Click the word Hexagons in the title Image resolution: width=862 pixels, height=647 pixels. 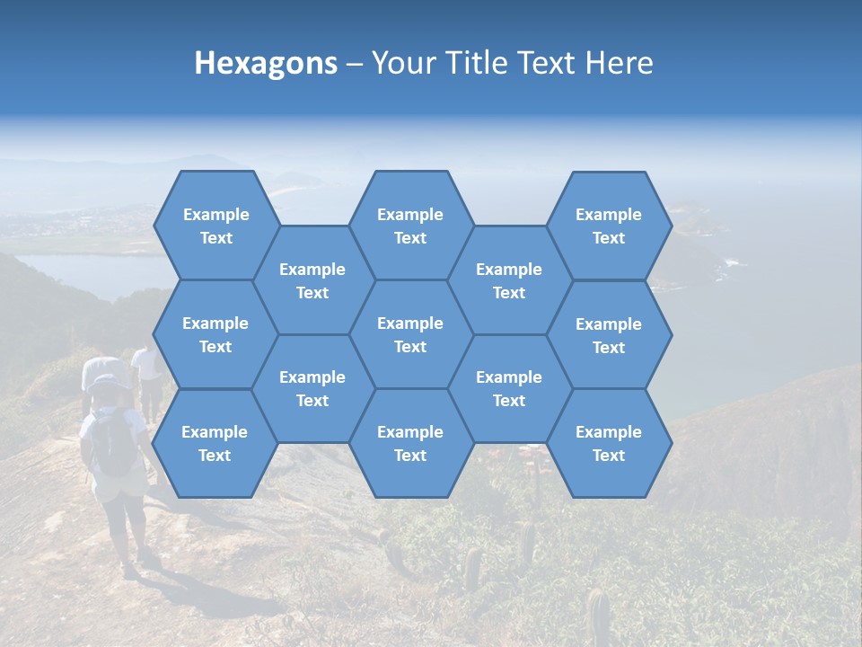pyautogui.click(x=266, y=63)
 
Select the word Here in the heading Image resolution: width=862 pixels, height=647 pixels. pyautogui.click(x=619, y=63)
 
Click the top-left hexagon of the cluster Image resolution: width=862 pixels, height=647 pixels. pyautogui.click(x=215, y=226)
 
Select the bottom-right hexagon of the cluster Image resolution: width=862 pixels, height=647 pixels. pyautogui.click(x=609, y=443)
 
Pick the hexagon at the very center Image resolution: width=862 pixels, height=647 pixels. pyautogui.click(x=410, y=334)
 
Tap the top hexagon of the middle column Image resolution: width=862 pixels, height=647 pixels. pyautogui.click(x=410, y=226)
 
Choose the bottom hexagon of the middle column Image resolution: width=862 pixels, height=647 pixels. pyautogui.click(x=410, y=443)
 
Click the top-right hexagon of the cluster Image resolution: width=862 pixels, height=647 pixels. pyautogui.click(x=609, y=226)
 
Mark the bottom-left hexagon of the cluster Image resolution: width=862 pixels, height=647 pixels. pyautogui.click(x=215, y=443)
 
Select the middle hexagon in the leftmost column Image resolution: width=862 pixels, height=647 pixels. pyautogui.click(x=215, y=334)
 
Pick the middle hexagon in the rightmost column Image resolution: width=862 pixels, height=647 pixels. pyautogui.click(x=609, y=335)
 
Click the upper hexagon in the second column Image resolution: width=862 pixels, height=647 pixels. pyautogui.click(x=312, y=280)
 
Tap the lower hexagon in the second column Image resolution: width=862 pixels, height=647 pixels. pyautogui.click(x=312, y=388)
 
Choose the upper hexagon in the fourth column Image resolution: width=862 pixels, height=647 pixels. pyautogui.click(x=509, y=280)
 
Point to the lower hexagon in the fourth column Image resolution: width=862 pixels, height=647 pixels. pyautogui.click(x=509, y=388)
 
